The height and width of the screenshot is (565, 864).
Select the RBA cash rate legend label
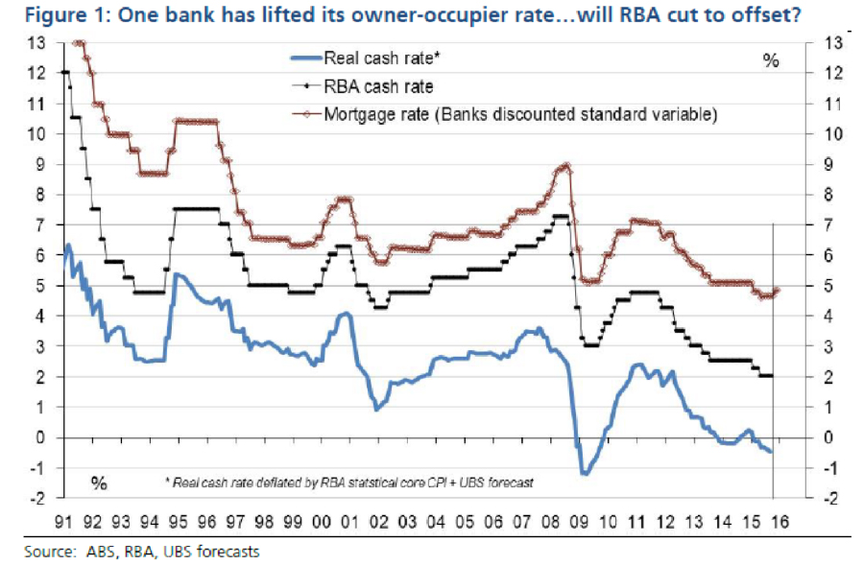(378, 86)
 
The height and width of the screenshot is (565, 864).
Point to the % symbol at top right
(770, 60)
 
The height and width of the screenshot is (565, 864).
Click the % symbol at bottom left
(99, 482)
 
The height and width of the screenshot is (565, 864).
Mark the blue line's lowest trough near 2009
(583, 473)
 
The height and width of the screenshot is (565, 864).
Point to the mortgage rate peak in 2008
(565, 166)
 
